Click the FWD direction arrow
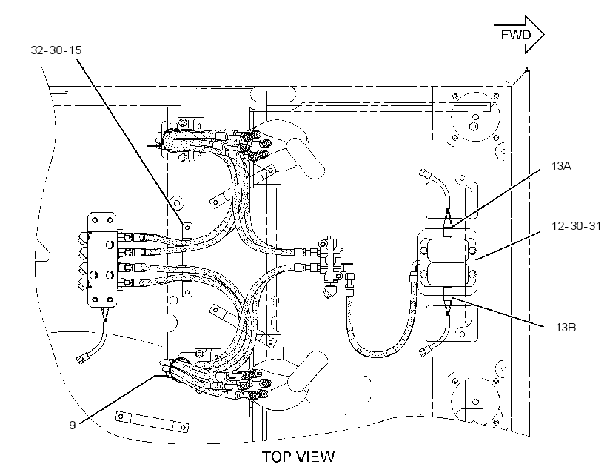tap(519, 35)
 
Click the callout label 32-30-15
tap(56, 50)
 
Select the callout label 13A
tap(561, 166)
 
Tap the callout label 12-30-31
tap(576, 225)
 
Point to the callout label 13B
tap(566, 327)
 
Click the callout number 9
tap(73, 425)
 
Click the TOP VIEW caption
tap(298, 457)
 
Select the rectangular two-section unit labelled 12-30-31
tap(446, 262)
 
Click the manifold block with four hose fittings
tap(102, 259)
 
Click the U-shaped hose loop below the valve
tap(381, 322)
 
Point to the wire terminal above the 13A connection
tap(425, 172)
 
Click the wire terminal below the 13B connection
tap(425, 351)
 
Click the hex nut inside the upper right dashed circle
tap(473, 126)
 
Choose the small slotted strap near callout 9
tap(152, 422)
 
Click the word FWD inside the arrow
tap(516, 35)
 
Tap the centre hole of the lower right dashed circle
tap(476, 402)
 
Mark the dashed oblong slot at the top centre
tap(273, 94)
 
